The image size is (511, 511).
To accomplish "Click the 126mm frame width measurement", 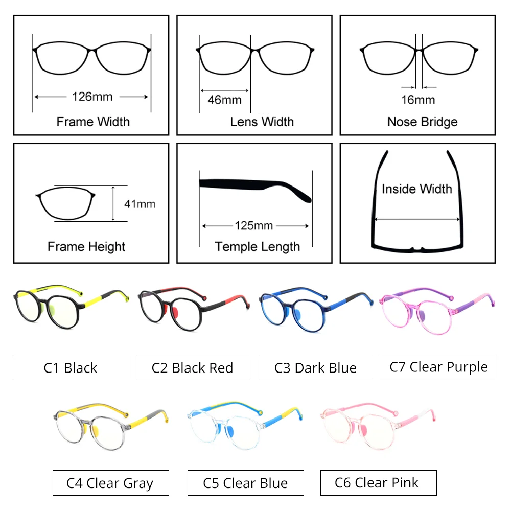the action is (x=92, y=96).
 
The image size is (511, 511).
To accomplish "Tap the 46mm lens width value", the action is (x=224, y=99).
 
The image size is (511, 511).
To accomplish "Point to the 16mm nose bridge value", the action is (x=418, y=100).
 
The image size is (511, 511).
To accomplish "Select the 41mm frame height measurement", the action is (x=140, y=204).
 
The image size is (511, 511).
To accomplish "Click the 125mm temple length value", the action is (x=254, y=225).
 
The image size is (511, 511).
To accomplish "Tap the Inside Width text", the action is (x=417, y=189).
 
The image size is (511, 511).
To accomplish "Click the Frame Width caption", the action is (x=93, y=122).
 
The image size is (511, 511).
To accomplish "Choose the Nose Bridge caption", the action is (x=422, y=122).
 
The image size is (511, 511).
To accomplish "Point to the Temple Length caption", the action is (x=257, y=247).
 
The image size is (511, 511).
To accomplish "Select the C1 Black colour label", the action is (x=71, y=367).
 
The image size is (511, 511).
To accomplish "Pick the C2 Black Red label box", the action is (x=193, y=367).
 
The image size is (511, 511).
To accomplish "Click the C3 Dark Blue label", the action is (x=315, y=367).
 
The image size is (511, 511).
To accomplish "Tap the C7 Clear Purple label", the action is (x=438, y=367).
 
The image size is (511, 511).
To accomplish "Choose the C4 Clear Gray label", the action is (x=110, y=482).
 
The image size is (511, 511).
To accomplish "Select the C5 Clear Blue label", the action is (x=245, y=482).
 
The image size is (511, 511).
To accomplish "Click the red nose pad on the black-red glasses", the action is (x=174, y=312).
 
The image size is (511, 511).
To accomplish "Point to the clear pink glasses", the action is (x=358, y=426).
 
